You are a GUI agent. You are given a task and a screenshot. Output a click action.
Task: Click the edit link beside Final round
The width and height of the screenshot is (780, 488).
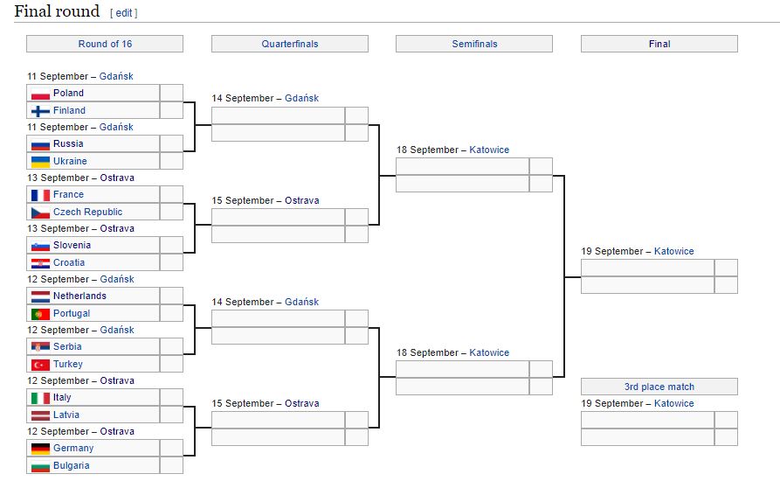[124, 13]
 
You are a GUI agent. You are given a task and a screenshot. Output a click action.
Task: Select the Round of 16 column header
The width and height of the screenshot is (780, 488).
[105, 44]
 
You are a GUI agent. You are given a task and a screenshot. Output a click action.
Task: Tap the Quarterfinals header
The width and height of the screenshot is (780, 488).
[290, 44]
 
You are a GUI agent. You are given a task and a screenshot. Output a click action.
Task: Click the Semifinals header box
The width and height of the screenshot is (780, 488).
[474, 44]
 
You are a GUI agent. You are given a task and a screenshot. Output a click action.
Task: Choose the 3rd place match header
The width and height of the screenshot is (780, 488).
[659, 387]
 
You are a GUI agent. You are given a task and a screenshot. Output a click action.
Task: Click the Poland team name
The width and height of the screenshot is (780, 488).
[69, 93]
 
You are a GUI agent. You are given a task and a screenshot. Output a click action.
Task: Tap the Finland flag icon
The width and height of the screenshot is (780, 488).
[40, 111]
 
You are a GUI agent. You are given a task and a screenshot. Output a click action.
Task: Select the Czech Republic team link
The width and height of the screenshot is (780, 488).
[87, 213]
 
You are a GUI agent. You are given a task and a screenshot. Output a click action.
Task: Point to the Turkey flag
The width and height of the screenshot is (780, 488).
[40, 365]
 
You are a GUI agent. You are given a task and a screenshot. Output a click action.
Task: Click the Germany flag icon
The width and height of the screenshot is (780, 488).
[40, 449]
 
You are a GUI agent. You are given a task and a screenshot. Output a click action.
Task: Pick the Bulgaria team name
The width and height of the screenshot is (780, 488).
[72, 465]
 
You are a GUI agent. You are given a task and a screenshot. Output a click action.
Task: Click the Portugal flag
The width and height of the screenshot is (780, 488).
[40, 314]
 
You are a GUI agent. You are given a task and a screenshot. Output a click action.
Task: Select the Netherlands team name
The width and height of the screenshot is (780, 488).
[79, 296]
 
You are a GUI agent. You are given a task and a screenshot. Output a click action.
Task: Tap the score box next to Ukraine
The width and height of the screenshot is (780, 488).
[171, 161]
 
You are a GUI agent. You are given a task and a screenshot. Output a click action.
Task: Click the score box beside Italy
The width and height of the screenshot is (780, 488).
[171, 397]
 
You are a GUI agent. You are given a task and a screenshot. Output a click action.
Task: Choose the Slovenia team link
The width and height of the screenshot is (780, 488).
[72, 245]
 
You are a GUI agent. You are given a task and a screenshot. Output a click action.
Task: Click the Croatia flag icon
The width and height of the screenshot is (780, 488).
[40, 263]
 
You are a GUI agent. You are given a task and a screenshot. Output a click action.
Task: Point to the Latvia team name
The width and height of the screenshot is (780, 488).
[66, 415]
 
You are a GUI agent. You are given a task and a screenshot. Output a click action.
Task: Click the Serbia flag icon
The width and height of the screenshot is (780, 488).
[40, 347]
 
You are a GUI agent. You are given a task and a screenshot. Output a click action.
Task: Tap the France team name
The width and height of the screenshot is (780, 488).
[69, 195]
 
